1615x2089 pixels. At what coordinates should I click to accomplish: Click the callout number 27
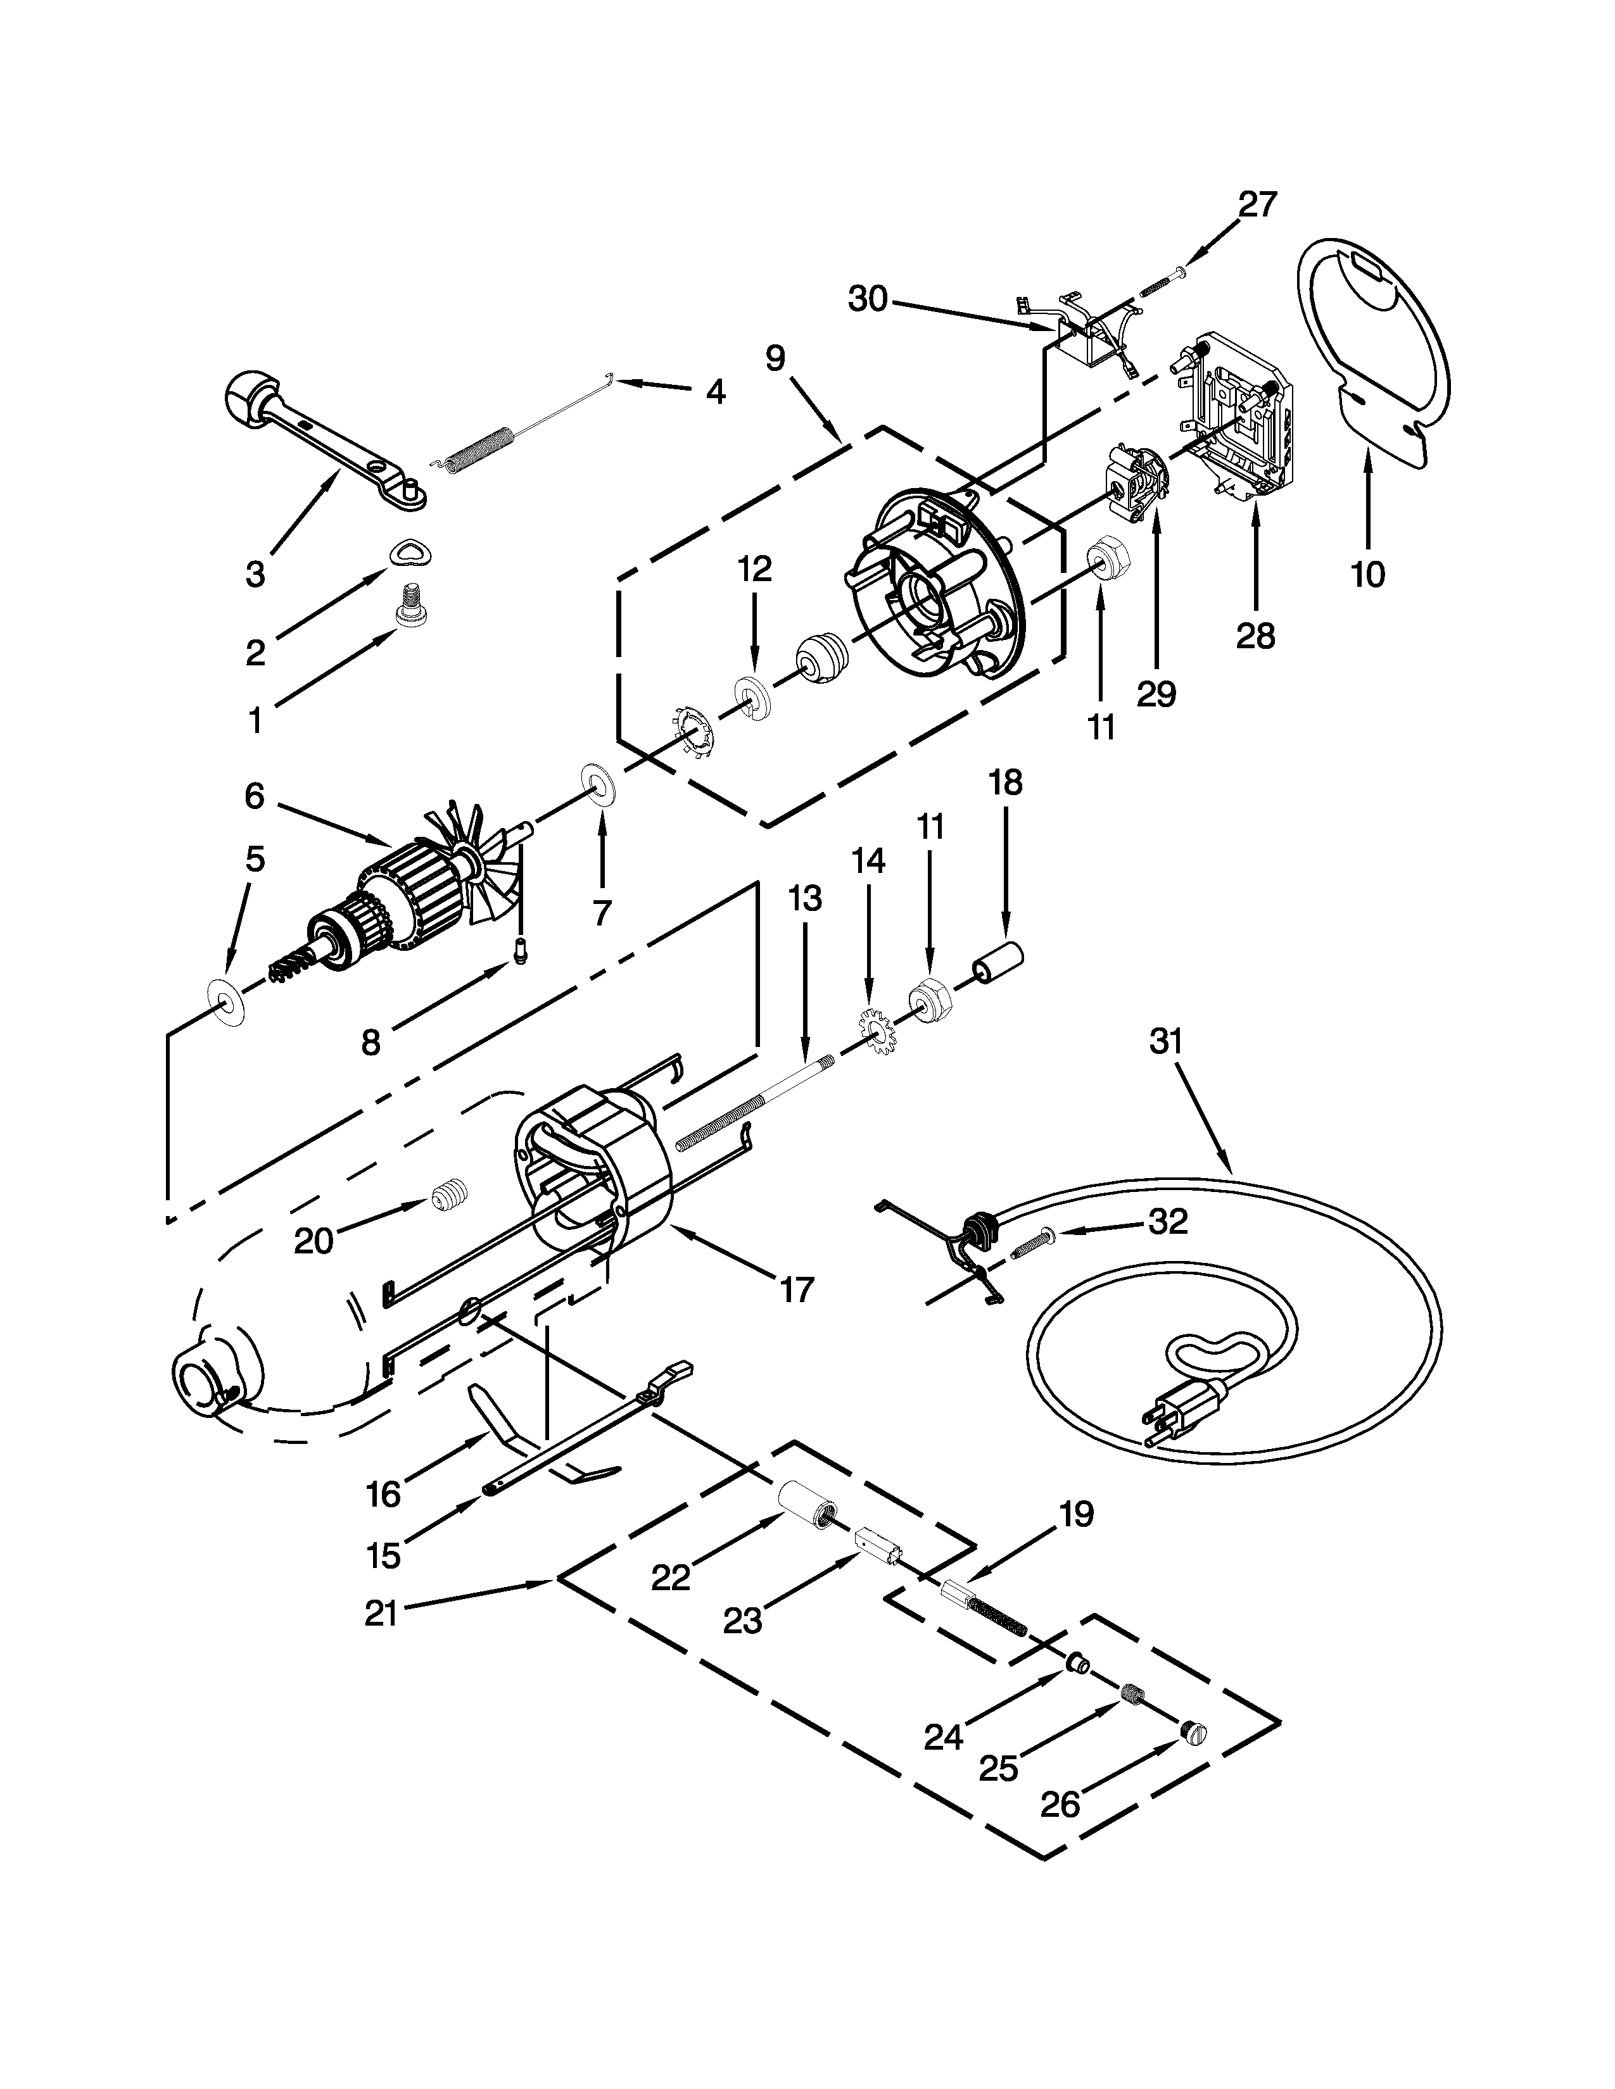[1257, 204]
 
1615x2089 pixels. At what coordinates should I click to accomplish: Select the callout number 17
[796, 1290]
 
